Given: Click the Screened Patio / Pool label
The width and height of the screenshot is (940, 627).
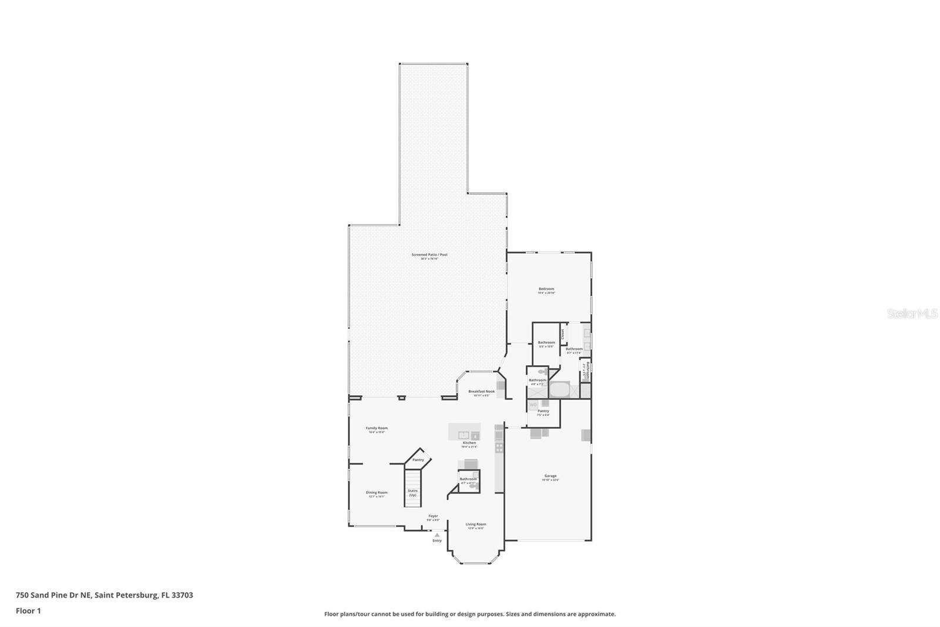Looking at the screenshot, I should pyautogui.click(x=429, y=255).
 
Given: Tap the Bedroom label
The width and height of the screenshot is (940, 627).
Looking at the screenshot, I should pyautogui.click(x=546, y=289).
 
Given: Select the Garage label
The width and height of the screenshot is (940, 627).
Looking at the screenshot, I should pyautogui.click(x=550, y=476).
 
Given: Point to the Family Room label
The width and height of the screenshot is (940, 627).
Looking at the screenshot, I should pyautogui.click(x=377, y=428).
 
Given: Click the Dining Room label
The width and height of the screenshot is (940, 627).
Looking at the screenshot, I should pyautogui.click(x=377, y=492).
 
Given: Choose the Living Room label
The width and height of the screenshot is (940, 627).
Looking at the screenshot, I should pyautogui.click(x=476, y=524).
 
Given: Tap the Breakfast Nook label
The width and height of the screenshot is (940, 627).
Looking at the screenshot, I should pyautogui.click(x=481, y=391).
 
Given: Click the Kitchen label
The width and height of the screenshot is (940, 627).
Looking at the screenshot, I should pyautogui.click(x=469, y=443).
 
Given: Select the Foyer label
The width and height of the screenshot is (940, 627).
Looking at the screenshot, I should pyautogui.click(x=433, y=516).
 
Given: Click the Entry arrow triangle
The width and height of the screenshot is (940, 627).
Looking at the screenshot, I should pyautogui.click(x=437, y=535).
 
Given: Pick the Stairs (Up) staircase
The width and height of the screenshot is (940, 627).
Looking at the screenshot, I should pyautogui.click(x=413, y=488).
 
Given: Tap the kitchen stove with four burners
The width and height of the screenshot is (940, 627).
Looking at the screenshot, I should pyautogui.click(x=499, y=448).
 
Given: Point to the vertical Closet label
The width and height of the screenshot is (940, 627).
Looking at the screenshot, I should pyautogui.click(x=563, y=334).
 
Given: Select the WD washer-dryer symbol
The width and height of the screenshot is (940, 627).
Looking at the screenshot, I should pyautogui.click(x=533, y=405).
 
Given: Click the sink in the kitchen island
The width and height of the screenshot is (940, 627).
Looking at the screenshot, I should pyautogui.click(x=464, y=435).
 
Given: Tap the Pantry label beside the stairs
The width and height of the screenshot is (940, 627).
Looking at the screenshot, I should pyautogui.click(x=418, y=460).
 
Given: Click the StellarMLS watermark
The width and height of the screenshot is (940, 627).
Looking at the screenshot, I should pyautogui.click(x=912, y=314).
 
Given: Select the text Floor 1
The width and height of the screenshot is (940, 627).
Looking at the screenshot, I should pyautogui.click(x=28, y=611).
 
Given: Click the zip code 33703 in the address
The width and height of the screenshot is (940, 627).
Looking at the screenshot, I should pyautogui.click(x=182, y=595).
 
